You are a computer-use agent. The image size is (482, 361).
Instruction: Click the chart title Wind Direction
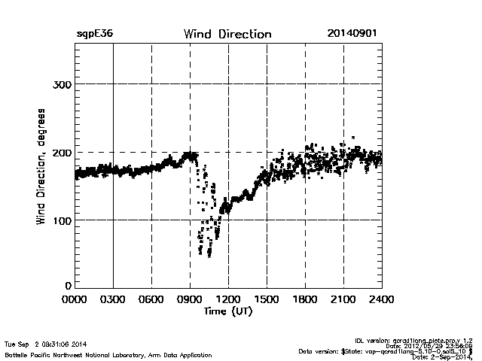click(x=227, y=34)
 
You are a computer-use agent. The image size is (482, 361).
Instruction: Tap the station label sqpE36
click(x=94, y=34)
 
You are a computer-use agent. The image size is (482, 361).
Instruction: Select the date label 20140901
click(x=352, y=34)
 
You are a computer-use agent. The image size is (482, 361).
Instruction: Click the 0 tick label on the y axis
click(x=68, y=286)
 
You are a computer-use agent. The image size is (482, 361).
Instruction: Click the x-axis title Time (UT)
click(x=228, y=311)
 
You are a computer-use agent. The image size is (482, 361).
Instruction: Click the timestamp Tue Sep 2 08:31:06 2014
click(x=46, y=344)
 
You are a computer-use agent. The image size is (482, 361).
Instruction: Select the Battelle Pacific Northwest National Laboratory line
click(x=108, y=355)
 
